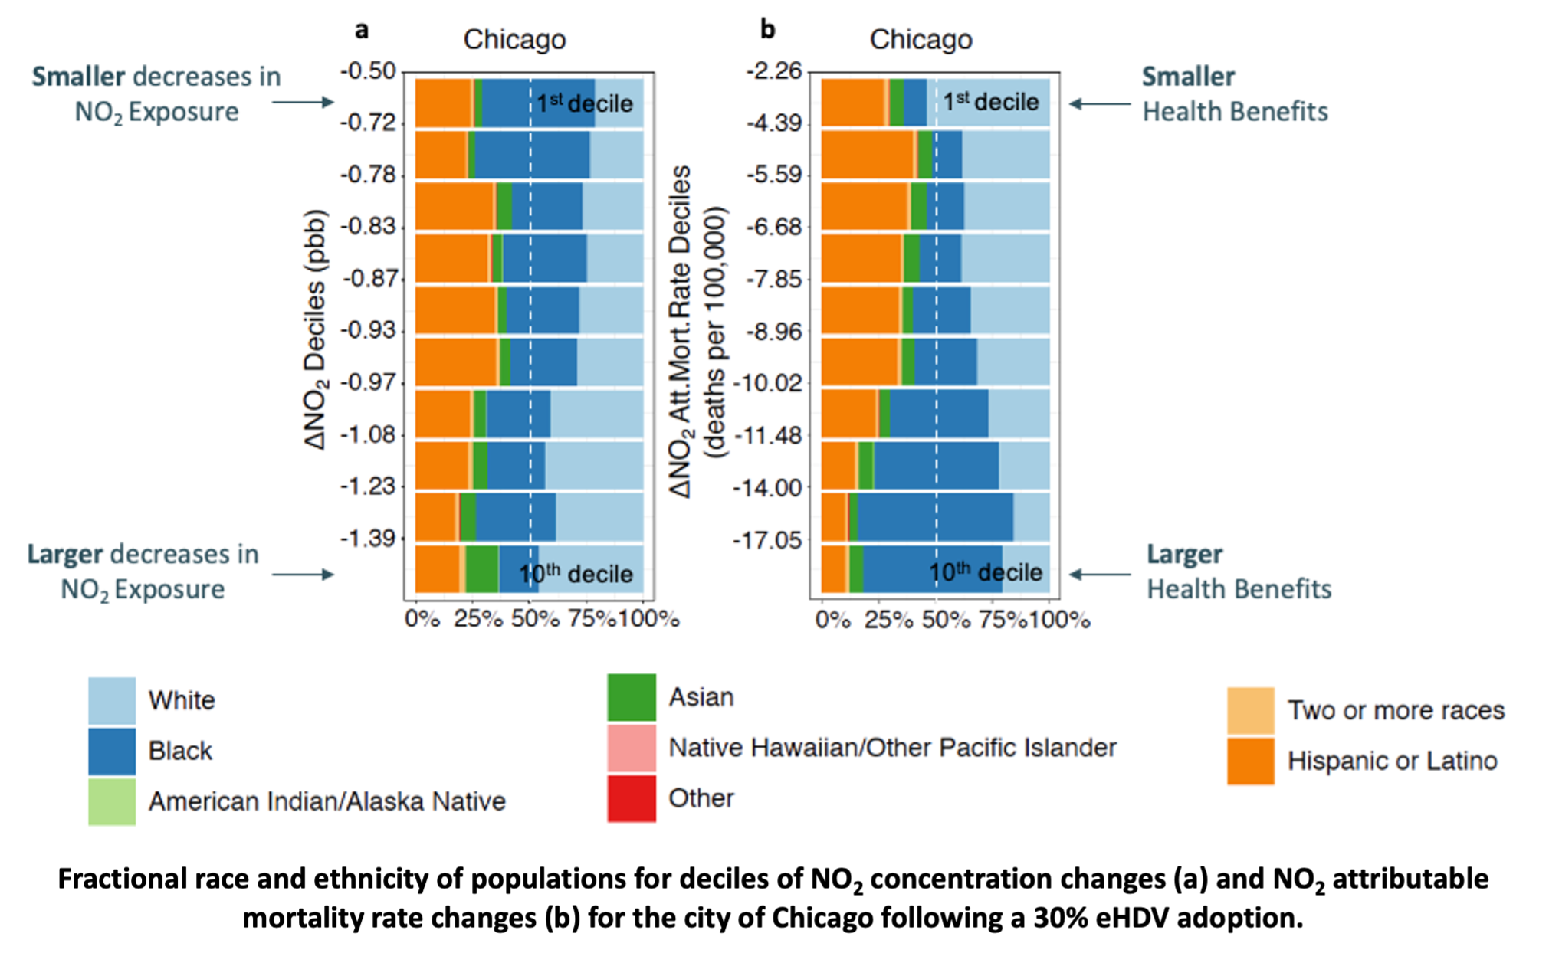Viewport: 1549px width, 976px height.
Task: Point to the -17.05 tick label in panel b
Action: [767, 541]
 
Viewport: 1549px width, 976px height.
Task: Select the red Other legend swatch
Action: [632, 798]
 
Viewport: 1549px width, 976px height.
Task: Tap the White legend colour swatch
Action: [112, 700]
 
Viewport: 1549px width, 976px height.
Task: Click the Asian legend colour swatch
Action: [632, 697]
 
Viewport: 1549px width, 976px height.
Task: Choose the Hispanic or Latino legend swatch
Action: [1250, 761]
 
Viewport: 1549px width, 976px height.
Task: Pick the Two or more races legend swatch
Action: [1250, 711]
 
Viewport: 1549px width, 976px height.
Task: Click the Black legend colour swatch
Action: [112, 751]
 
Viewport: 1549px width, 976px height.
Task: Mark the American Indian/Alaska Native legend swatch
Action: [112, 801]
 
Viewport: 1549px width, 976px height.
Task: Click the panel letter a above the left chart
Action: [361, 30]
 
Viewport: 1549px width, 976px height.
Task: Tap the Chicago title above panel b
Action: [921, 40]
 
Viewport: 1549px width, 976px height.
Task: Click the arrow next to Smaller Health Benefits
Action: [1100, 103]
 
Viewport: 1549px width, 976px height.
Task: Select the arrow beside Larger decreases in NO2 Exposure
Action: [304, 574]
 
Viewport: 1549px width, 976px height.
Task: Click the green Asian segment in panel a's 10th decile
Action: [481, 569]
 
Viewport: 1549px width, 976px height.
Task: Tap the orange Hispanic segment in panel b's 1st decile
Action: [852, 102]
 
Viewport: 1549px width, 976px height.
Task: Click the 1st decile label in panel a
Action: [584, 103]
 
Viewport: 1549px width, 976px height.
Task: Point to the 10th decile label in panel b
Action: [986, 572]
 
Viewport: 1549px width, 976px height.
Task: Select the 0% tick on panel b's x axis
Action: [832, 619]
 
